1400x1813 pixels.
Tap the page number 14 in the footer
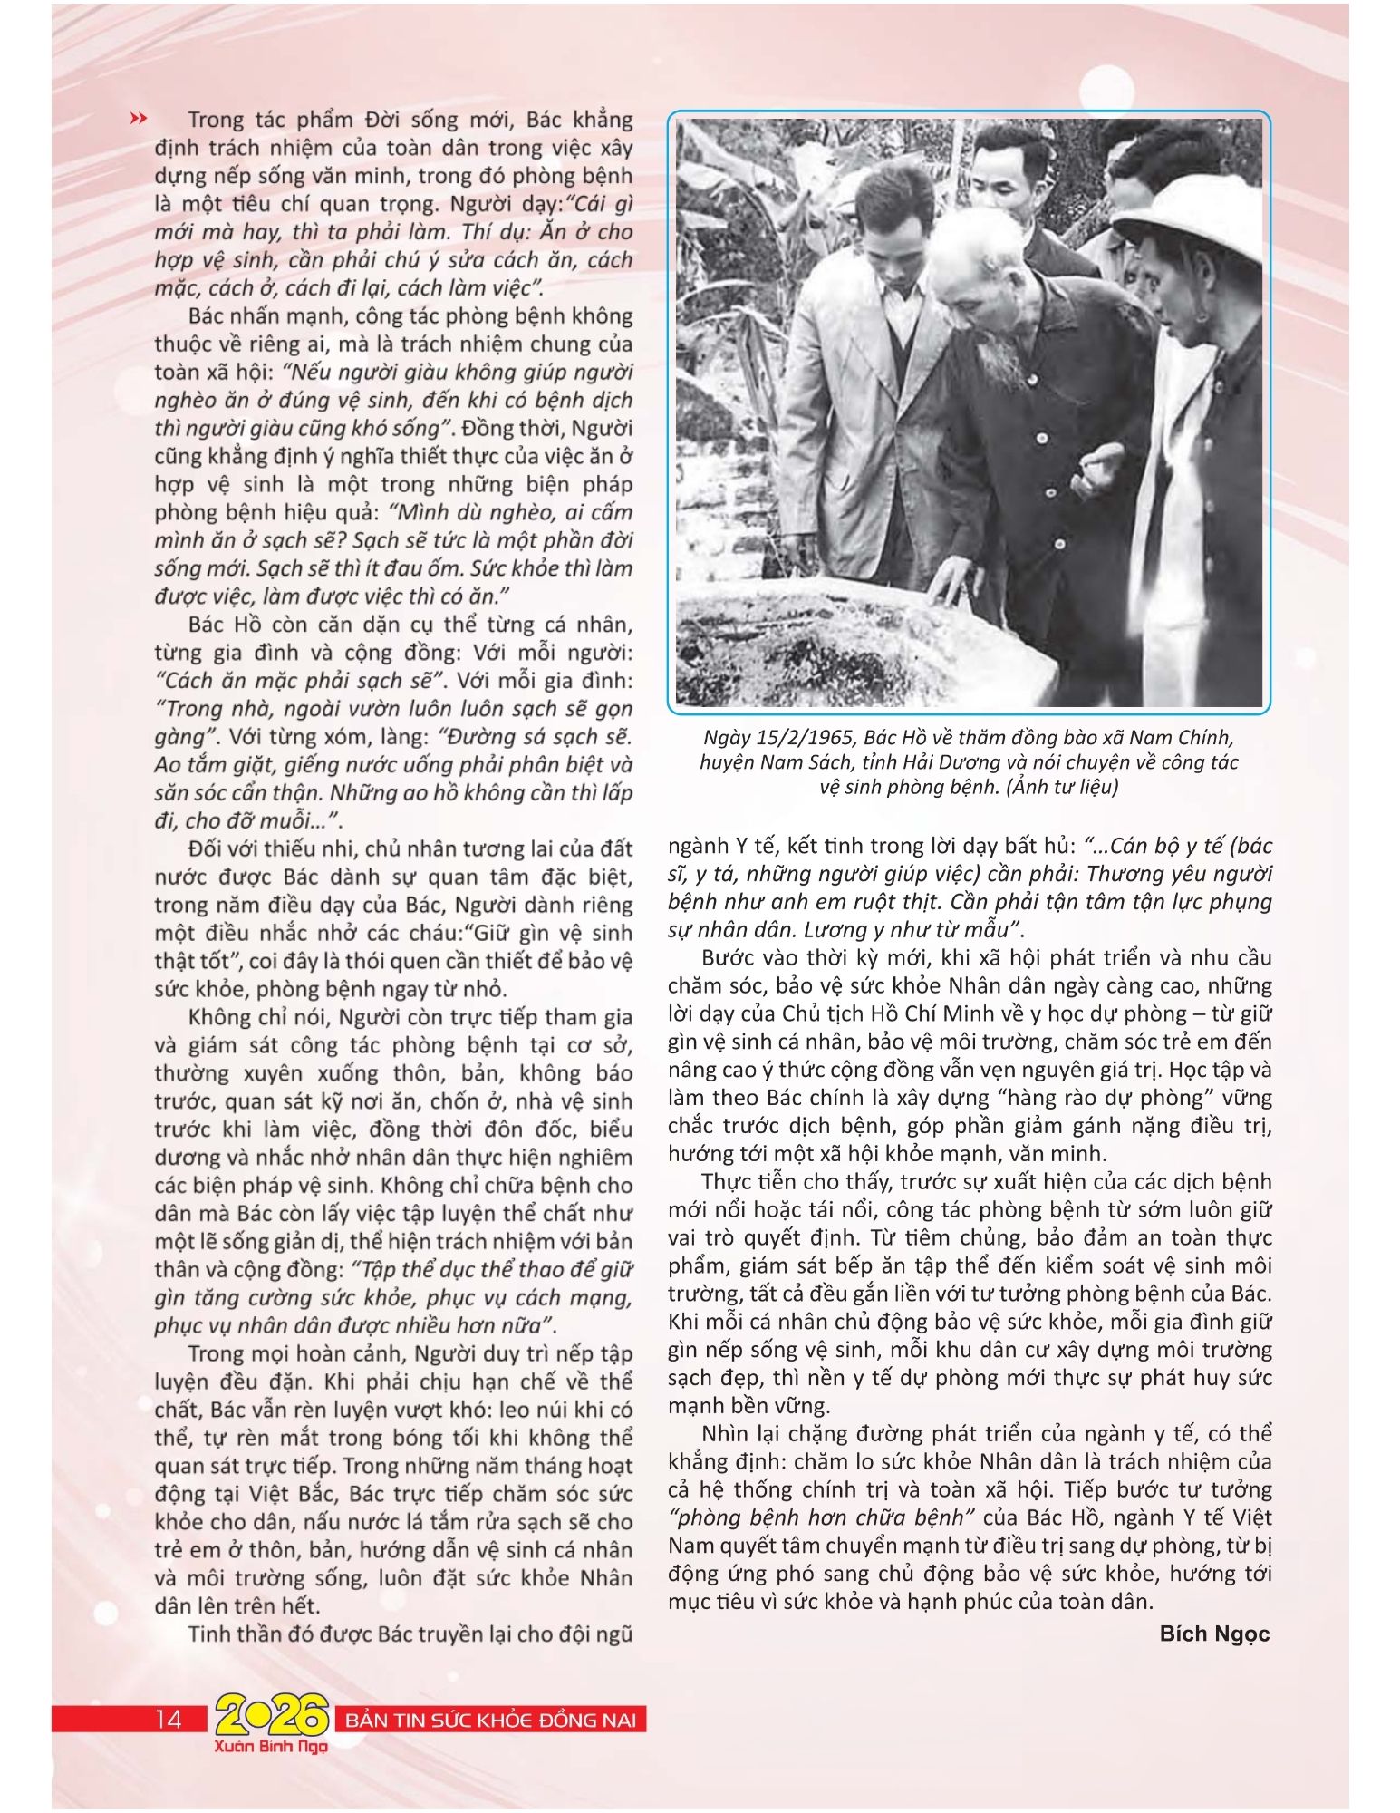[x=169, y=1720]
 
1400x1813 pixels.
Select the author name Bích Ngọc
[x=1214, y=1633]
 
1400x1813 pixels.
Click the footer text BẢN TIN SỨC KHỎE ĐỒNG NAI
[x=490, y=1721]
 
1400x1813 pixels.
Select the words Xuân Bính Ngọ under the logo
[x=271, y=1745]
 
